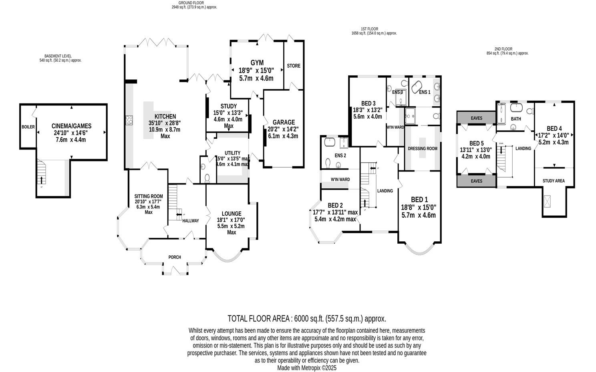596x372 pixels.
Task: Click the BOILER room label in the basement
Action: point(28,127)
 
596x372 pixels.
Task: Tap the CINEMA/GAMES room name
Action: point(71,126)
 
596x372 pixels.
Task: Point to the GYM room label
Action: point(257,63)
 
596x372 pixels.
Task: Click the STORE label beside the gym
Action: point(294,66)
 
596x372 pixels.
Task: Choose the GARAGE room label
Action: point(284,122)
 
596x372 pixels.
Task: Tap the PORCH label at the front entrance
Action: point(175,257)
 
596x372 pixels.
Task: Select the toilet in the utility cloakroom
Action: point(207,178)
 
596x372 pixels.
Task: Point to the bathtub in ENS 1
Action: point(418,85)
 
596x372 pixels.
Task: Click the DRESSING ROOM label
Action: point(422,149)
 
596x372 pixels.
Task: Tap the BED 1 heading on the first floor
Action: point(419,200)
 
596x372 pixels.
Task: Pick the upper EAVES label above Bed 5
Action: point(476,118)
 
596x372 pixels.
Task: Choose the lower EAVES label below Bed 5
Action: point(476,181)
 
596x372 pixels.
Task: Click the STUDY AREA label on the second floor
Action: point(554,181)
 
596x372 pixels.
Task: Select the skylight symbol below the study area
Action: point(548,201)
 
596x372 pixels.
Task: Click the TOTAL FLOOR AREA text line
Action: point(307,319)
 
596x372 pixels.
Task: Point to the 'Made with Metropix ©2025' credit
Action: point(307,368)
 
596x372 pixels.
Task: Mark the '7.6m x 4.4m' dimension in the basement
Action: point(71,140)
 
